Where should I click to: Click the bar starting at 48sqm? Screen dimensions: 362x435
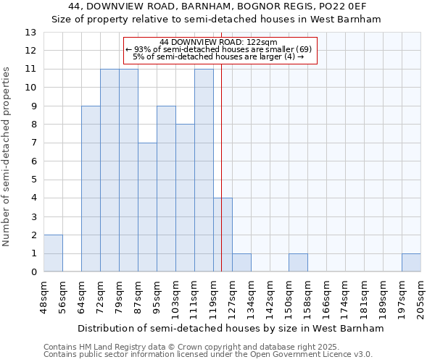click(x=53, y=253)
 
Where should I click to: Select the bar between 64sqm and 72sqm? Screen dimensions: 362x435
click(x=91, y=189)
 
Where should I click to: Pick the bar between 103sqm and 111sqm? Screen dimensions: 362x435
click(x=185, y=198)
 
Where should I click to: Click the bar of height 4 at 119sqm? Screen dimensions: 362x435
click(x=223, y=235)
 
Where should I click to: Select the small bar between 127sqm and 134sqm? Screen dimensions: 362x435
click(x=241, y=263)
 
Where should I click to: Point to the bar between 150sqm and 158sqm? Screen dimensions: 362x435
click(x=298, y=263)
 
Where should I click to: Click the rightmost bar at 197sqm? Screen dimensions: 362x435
click(x=411, y=263)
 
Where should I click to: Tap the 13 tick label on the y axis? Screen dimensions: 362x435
click(x=30, y=33)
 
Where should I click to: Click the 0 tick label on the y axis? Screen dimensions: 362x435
click(x=33, y=272)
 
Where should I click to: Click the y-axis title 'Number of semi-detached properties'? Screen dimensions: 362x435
click(x=7, y=156)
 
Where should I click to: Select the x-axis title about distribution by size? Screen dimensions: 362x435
click(x=230, y=328)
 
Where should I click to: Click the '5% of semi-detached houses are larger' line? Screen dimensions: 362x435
click(x=218, y=57)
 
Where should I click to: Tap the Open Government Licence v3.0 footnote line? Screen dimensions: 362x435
click(x=208, y=355)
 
